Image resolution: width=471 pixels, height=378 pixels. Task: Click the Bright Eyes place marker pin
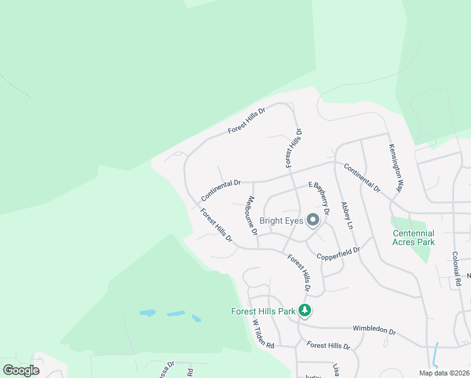(x=313, y=220)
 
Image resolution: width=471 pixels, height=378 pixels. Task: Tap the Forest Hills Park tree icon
(x=305, y=310)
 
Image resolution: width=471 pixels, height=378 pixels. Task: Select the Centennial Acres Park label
(x=413, y=238)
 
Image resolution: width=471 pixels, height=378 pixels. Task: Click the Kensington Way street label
(x=395, y=168)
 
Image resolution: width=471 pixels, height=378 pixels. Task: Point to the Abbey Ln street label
(x=346, y=215)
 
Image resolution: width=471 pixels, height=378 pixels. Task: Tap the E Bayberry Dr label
(x=319, y=197)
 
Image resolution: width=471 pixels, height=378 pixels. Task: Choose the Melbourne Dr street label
(x=251, y=215)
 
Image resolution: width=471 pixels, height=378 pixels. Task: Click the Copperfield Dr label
(x=338, y=253)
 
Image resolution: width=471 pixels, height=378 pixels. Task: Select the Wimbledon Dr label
(x=374, y=330)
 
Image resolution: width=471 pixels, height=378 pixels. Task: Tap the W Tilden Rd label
(x=264, y=334)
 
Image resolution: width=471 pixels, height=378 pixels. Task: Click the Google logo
(x=21, y=370)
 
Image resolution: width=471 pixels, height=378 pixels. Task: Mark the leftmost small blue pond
(x=147, y=312)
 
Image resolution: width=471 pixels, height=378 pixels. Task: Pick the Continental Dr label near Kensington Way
(x=362, y=177)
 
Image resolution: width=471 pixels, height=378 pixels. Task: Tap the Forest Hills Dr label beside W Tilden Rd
(x=328, y=346)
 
